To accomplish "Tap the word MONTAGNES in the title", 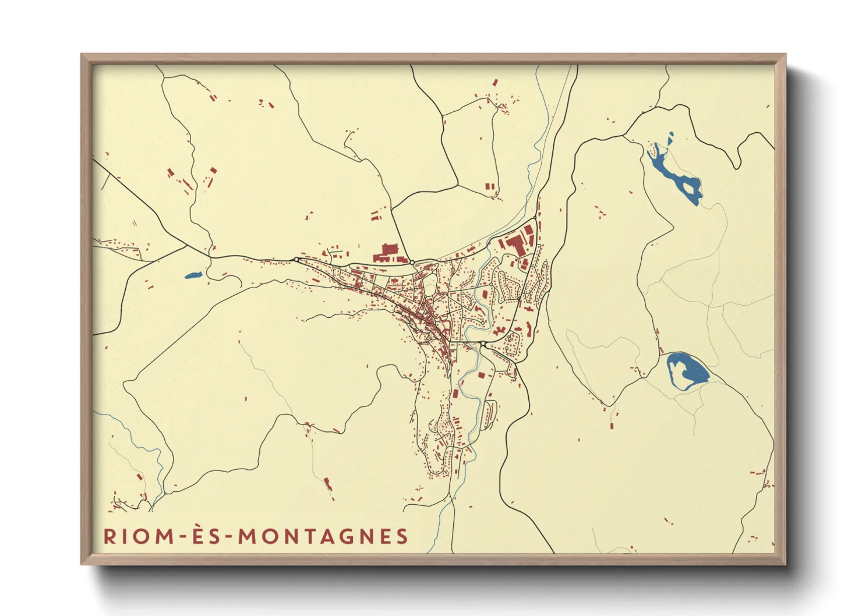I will click(323, 536).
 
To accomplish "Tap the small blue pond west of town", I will click(192, 275).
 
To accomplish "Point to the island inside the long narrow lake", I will click(691, 187).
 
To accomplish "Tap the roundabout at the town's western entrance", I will click(296, 259).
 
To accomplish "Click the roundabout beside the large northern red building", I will click(412, 263).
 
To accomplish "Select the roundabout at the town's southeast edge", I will click(483, 345).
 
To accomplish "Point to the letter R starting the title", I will click(109, 536).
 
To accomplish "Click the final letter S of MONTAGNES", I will click(402, 536).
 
